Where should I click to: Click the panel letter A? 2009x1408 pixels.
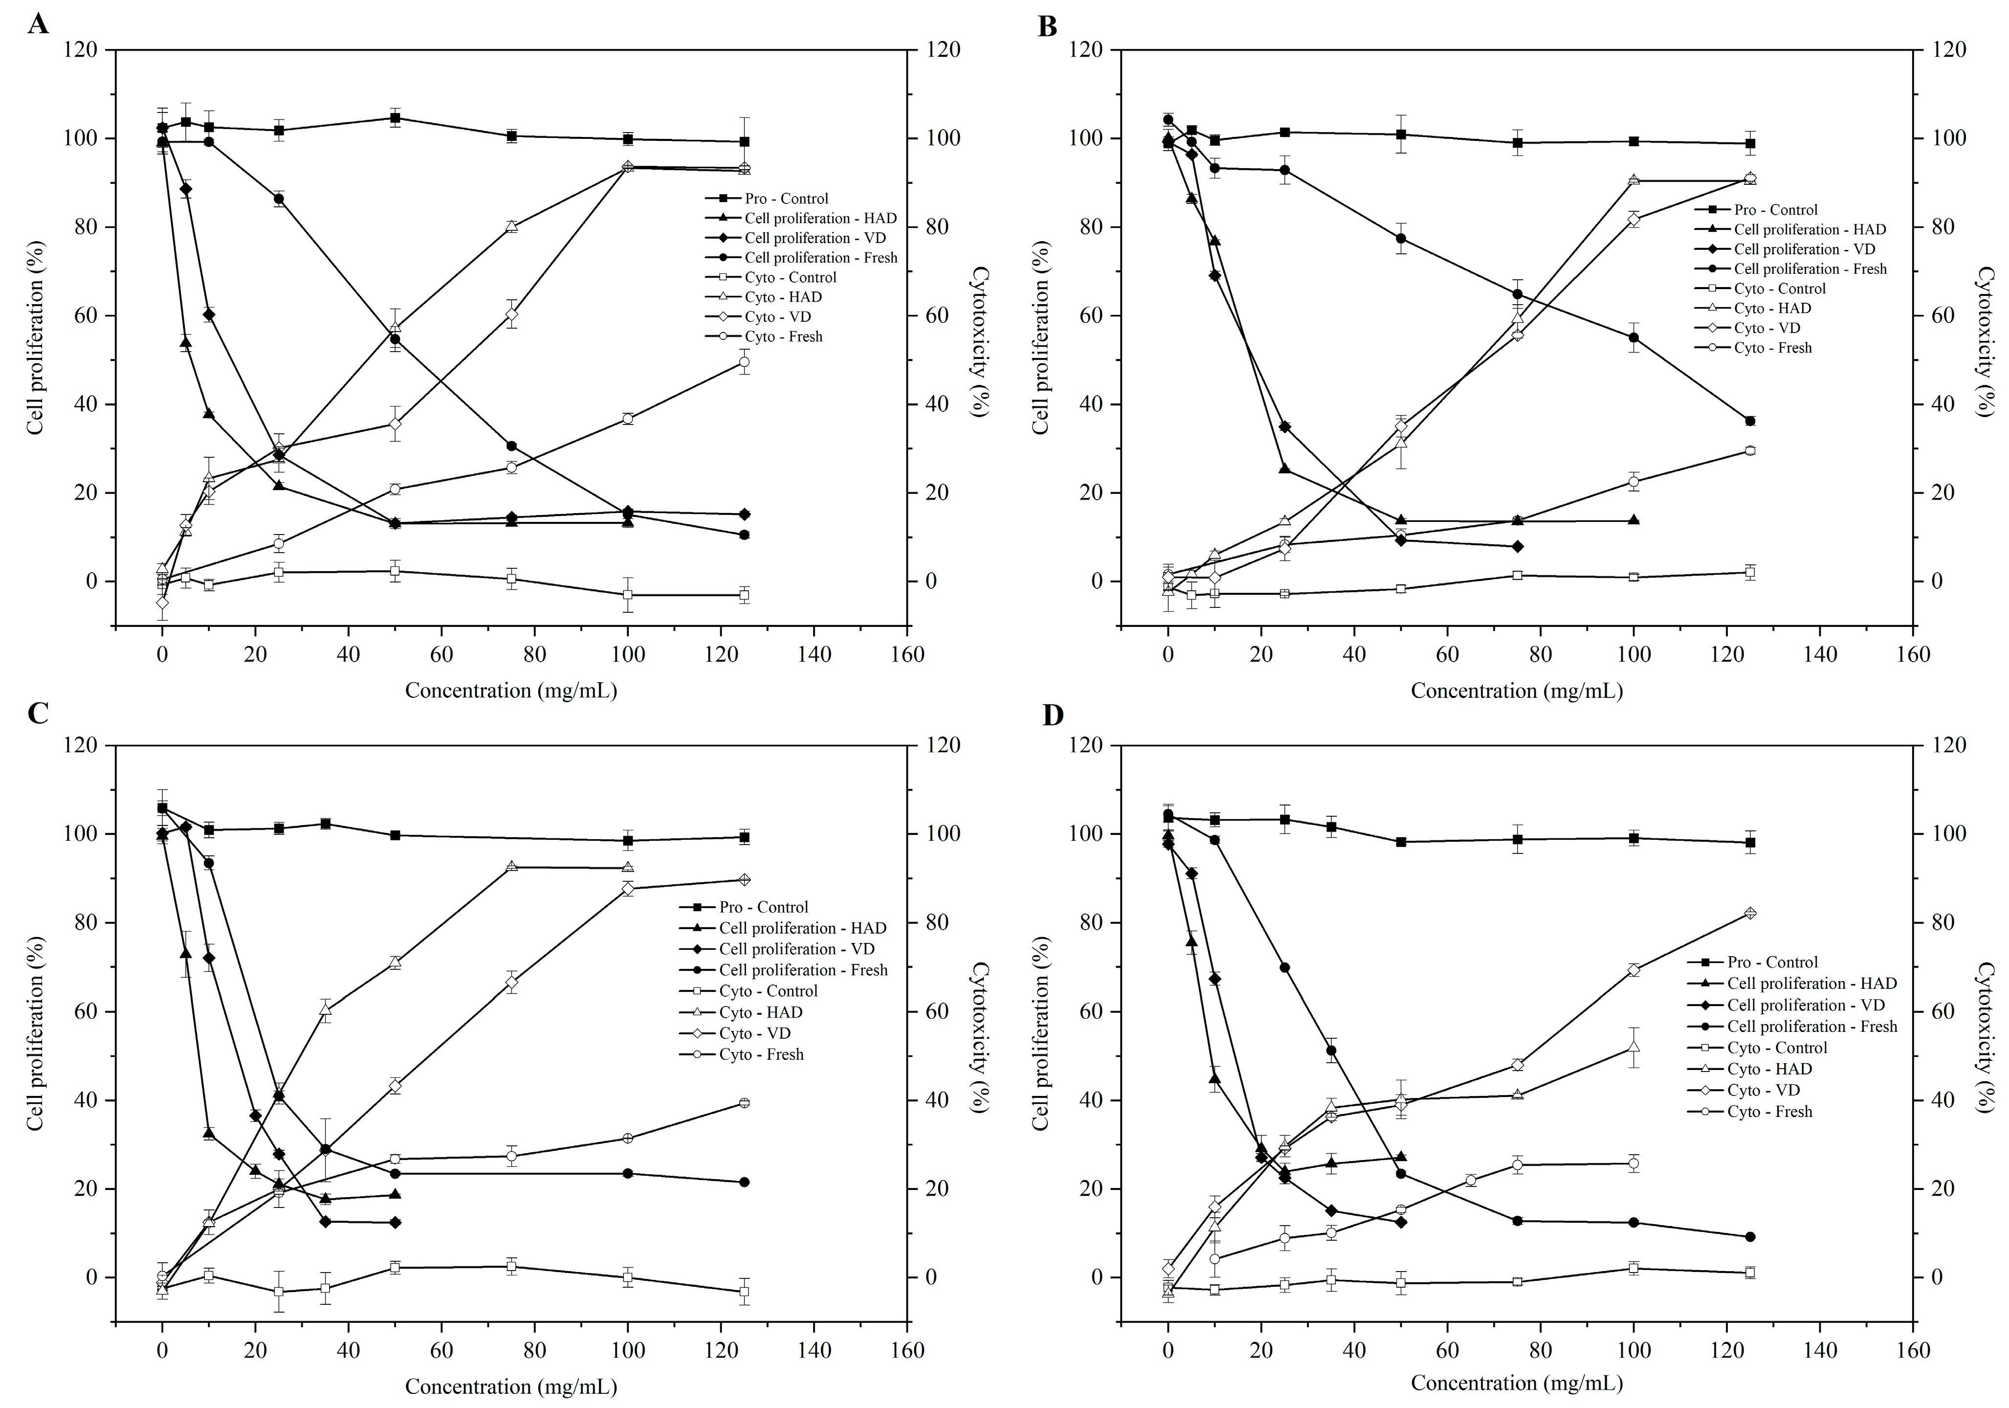click(38, 23)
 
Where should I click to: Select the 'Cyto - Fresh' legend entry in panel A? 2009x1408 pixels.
click(783, 337)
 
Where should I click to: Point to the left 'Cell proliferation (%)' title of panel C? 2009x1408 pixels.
click(35, 1032)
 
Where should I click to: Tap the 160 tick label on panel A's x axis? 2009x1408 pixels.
click(907, 654)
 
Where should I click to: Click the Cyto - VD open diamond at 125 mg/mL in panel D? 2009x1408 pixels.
click(1750, 914)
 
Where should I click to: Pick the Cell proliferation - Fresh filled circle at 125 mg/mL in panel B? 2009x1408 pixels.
click(1750, 421)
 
